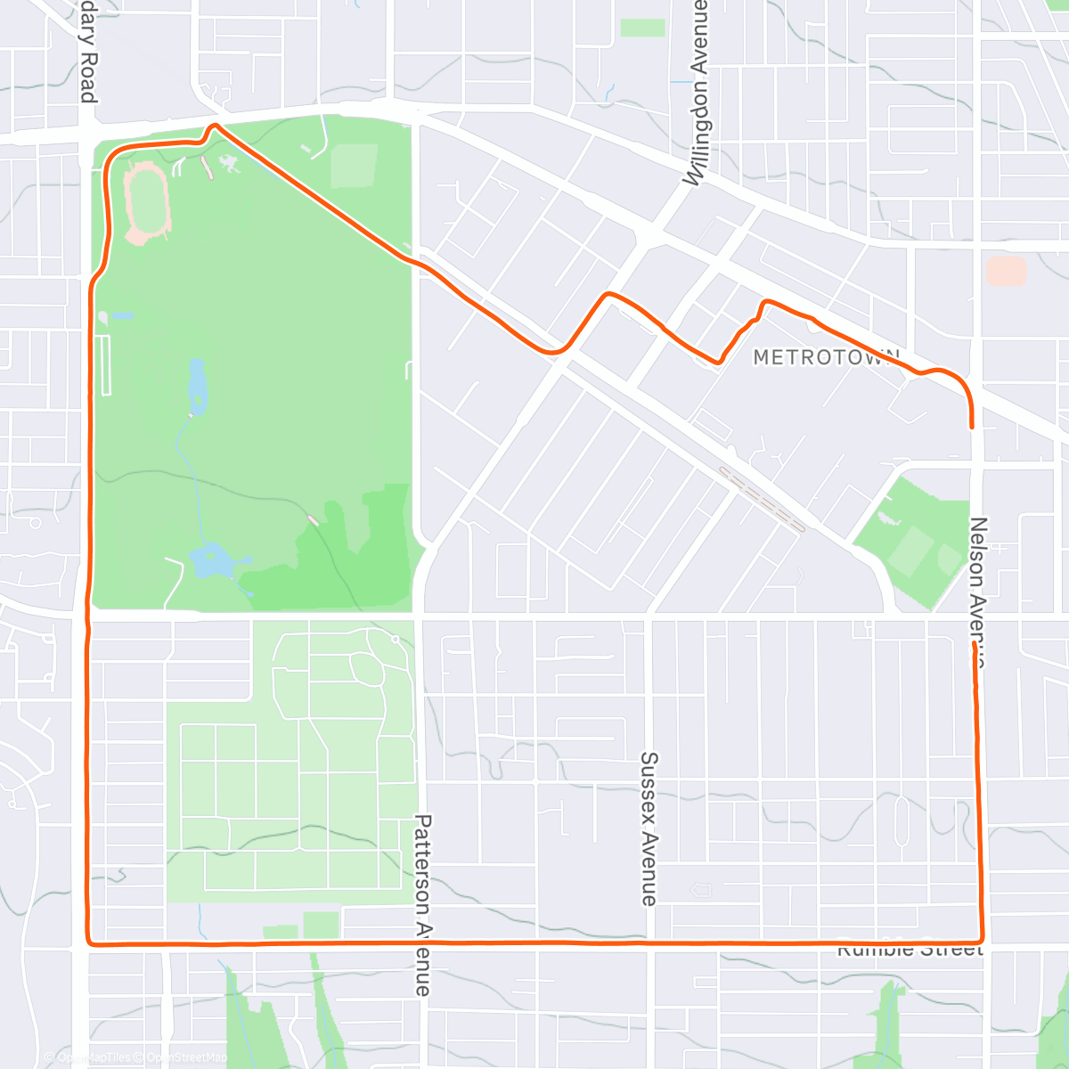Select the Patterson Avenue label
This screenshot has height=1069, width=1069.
coord(422,905)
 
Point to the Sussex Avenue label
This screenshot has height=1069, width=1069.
coord(649,828)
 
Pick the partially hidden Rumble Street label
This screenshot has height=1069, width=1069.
coord(909,951)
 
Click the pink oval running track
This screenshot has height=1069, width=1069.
coord(147,200)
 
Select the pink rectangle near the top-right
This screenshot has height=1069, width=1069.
coord(1007,271)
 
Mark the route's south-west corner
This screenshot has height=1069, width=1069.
coord(89,942)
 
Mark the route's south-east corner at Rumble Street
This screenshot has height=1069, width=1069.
coord(981,940)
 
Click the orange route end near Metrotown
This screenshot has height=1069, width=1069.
coord(971,427)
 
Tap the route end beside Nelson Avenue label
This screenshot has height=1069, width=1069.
coord(974,643)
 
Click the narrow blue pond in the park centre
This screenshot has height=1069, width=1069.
coord(197,385)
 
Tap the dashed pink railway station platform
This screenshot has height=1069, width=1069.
coord(762,500)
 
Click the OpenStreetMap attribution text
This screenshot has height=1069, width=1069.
coord(186,1057)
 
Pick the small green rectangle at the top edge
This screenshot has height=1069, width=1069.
coord(641,28)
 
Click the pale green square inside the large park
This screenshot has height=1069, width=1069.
coord(354,166)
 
